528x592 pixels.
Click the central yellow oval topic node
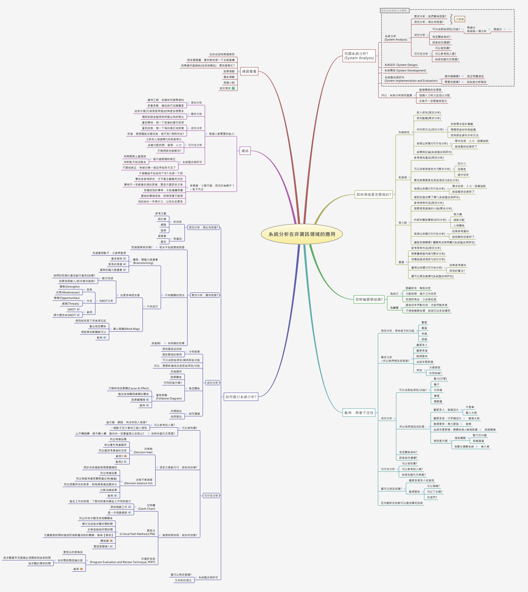tap(302, 234)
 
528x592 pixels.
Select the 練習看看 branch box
tap(249, 71)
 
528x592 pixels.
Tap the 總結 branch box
tap(245, 151)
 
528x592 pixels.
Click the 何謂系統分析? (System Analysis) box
tap(359, 56)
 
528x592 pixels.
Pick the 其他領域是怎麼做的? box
tap(374, 195)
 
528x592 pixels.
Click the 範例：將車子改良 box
tap(359, 413)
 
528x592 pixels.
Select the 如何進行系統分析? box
tap(241, 397)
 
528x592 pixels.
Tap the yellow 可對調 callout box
tap(459, 19)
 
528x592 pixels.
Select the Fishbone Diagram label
tap(169, 397)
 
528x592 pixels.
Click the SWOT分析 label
tap(106, 301)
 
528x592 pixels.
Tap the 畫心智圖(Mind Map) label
tap(126, 329)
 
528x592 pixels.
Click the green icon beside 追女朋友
tap(233, 88)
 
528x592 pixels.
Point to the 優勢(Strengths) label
tap(69, 287)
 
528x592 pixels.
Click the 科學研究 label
tap(404, 132)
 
